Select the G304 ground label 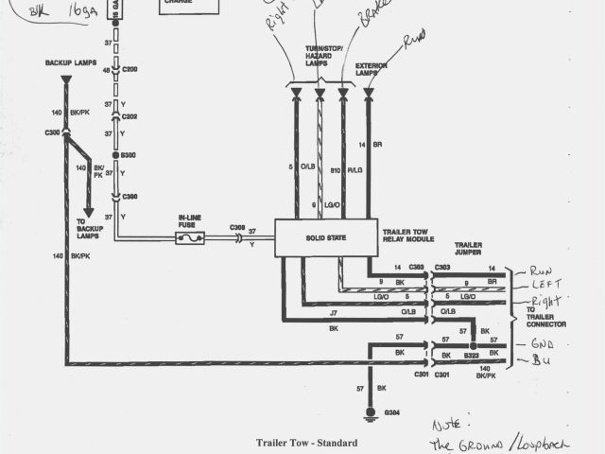390,413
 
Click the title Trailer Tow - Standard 306,442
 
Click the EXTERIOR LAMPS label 372,69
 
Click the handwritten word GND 542,345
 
